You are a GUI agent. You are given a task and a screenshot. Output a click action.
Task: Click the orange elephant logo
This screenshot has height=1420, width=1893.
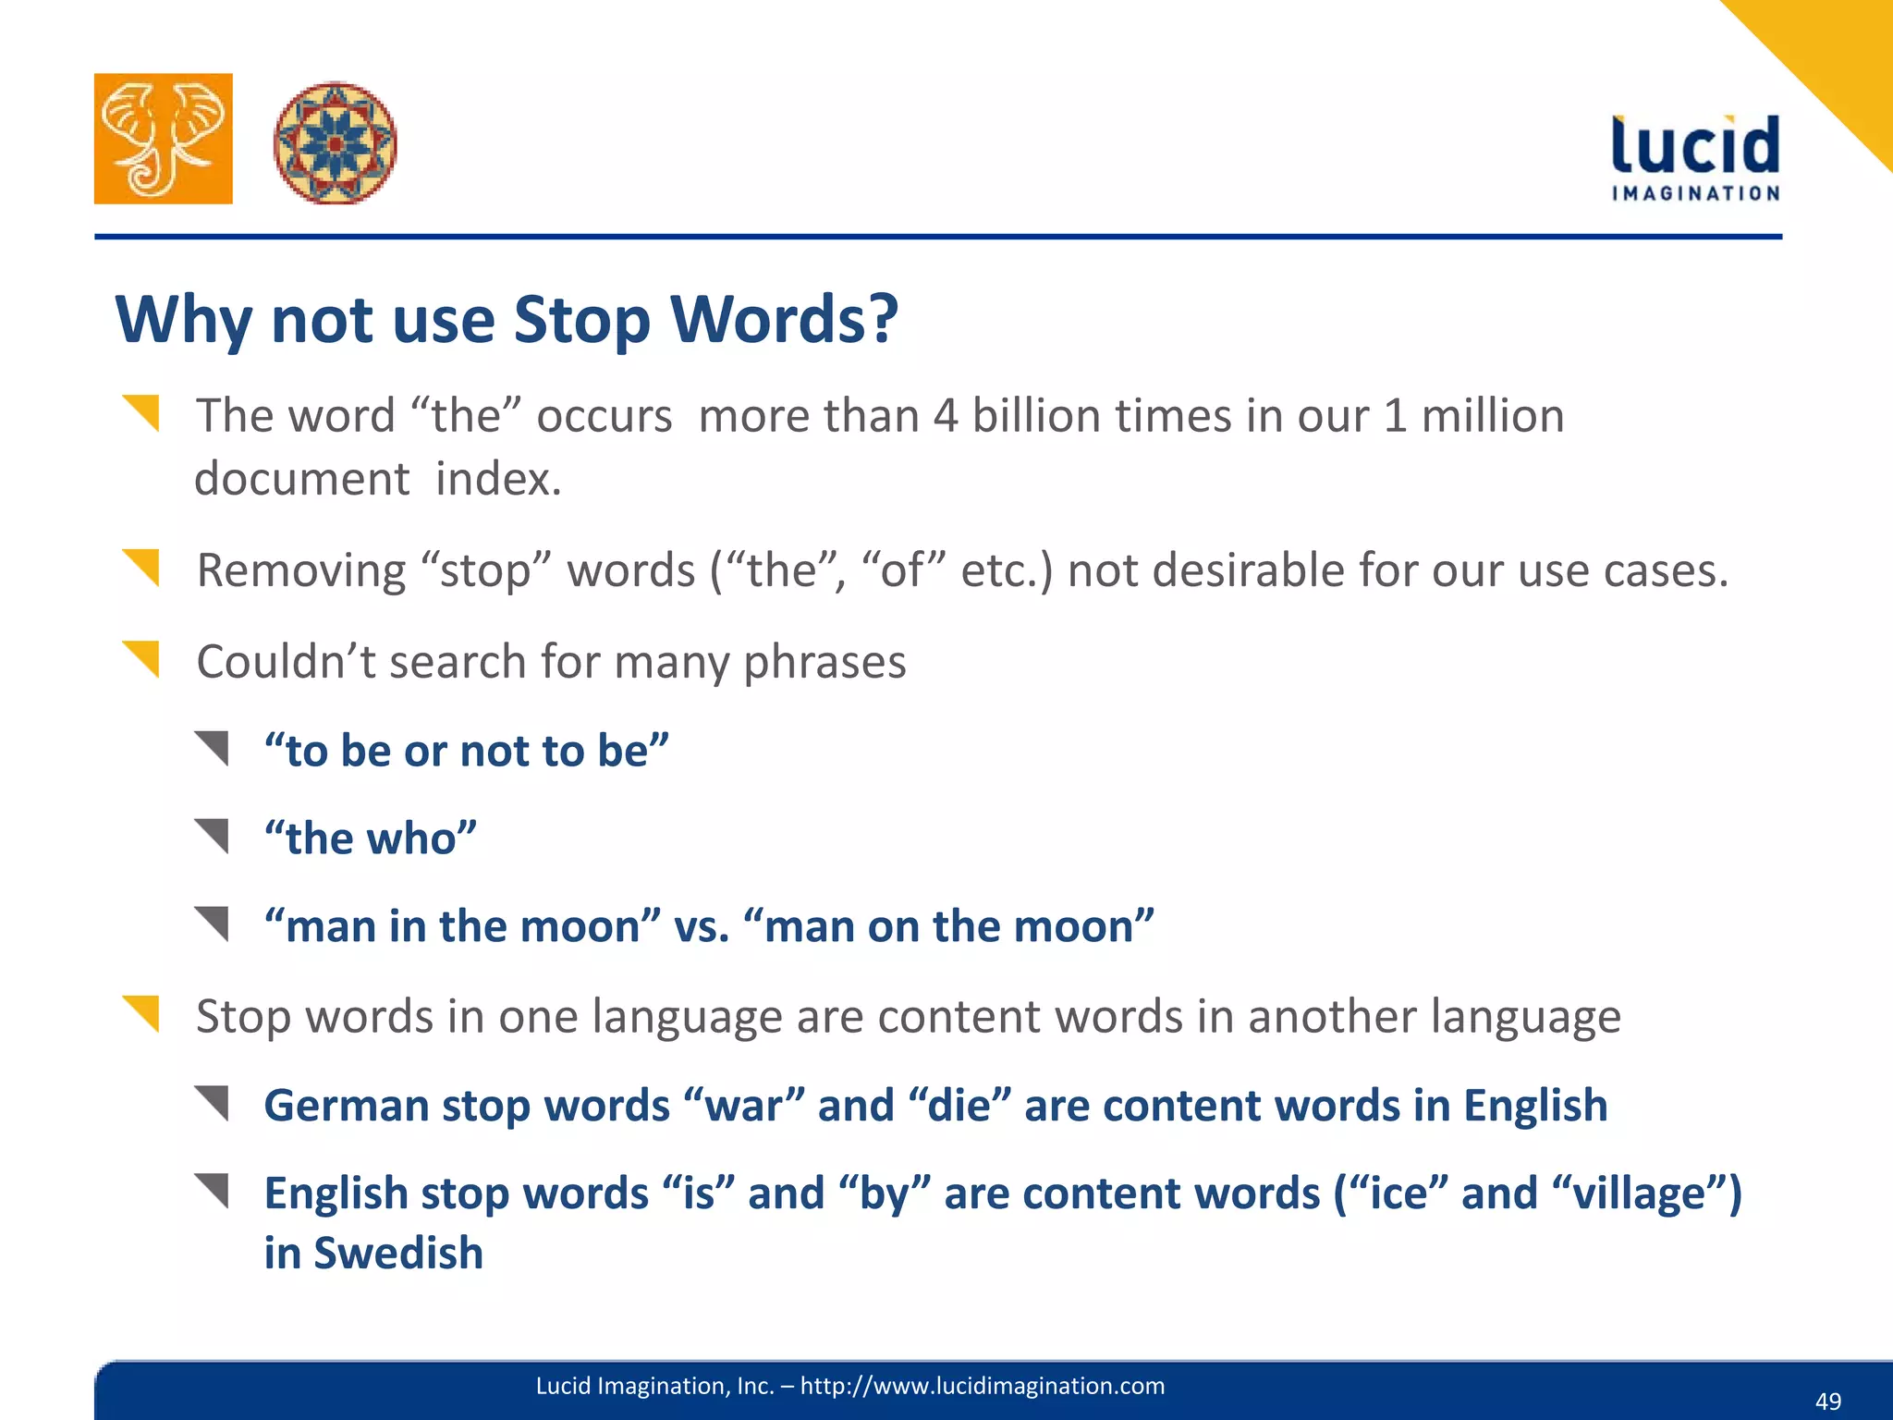[x=164, y=139]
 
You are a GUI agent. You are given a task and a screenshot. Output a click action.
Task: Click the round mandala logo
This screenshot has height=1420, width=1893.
[x=335, y=142]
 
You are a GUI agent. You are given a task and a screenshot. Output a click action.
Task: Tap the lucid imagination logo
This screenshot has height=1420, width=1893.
[x=1695, y=157]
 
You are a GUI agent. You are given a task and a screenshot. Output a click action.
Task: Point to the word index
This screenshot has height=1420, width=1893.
[x=498, y=479]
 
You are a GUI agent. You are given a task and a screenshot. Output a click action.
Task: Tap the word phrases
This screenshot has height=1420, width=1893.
[x=824, y=662]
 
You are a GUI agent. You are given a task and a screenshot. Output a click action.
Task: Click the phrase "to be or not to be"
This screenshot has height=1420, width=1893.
[x=466, y=750]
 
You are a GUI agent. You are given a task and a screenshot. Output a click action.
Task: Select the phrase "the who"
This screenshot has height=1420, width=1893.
[x=371, y=839]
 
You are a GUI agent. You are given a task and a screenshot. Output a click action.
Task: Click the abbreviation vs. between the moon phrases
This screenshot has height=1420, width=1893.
[x=702, y=926]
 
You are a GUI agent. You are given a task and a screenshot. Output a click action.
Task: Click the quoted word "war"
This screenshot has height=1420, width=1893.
[x=744, y=1106]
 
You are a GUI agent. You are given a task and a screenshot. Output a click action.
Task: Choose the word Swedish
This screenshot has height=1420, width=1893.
[x=398, y=1254]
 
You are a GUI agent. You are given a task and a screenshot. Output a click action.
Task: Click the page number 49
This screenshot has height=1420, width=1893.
[x=1827, y=1402]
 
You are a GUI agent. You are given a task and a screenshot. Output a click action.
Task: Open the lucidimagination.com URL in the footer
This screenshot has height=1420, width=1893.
[x=982, y=1386]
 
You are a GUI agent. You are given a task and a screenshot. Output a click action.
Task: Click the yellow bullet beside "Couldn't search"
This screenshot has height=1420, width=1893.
[x=141, y=658]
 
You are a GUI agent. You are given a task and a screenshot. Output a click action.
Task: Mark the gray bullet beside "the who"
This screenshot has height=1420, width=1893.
[x=212, y=836]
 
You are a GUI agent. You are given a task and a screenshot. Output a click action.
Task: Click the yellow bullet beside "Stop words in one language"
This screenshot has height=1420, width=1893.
[x=141, y=1013]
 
